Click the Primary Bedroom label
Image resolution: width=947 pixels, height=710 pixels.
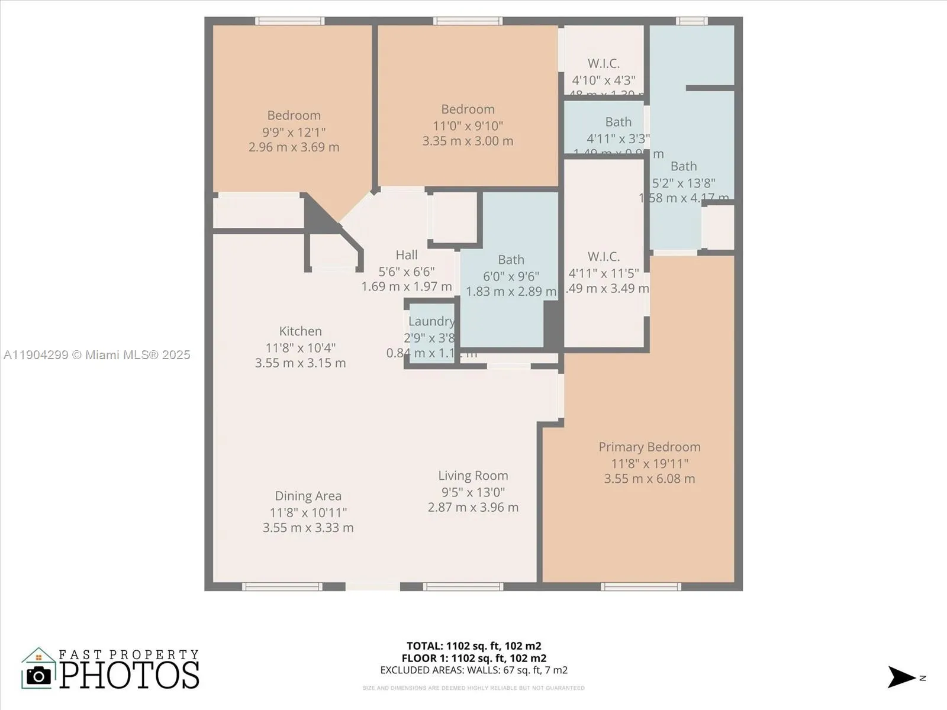pyautogui.click(x=649, y=447)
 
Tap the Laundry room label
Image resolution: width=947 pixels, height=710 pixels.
pyautogui.click(x=431, y=321)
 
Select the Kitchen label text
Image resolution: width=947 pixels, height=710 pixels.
pyautogui.click(x=301, y=331)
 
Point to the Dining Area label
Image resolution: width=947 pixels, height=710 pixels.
pyautogui.click(x=308, y=496)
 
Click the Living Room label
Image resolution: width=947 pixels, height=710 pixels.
pyautogui.click(x=473, y=476)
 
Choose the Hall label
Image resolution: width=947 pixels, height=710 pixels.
pyautogui.click(x=407, y=255)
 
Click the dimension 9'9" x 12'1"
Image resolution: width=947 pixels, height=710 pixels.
pyautogui.click(x=294, y=132)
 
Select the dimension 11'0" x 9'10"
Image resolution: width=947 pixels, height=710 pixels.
pyautogui.click(x=468, y=125)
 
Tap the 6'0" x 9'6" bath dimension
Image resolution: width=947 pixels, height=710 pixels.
pyautogui.click(x=511, y=276)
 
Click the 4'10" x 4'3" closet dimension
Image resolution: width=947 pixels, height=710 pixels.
pyautogui.click(x=604, y=80)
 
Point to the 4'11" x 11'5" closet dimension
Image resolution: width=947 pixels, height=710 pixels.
pyautogui.click(x=604, y=273)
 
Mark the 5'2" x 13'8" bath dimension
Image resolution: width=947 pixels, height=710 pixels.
pyautogui.click(x=684, y=183)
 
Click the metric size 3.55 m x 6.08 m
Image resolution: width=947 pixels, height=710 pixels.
pyautogui.click(x=649, y=479)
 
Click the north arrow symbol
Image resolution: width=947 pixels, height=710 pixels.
pyautogui.click(x=901, y=677)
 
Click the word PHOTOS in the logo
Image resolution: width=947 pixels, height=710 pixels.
pyautogui.click(x=129, y=675)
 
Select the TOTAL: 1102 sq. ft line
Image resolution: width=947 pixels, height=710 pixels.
pyautogui.click(x=474, y=646)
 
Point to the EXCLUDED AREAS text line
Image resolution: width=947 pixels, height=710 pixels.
pyautogui.click(x=474, y=670)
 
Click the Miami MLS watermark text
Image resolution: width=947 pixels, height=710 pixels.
pyautogui.click(x=97, y=355)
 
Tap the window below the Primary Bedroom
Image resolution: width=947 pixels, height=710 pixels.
pyautogui.click(x=640, y=586)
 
